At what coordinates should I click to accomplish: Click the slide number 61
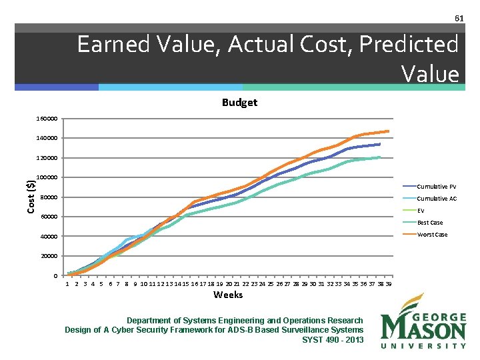[x=459, y=17]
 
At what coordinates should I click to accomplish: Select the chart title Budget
[x=239, y=103]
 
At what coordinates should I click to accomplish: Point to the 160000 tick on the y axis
[x=47, y=119]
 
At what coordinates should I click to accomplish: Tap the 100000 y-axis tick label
[x=47, y=178]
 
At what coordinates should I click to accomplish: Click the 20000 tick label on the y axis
[x=49, y=257]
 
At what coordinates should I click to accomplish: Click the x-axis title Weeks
[x=228, y=295]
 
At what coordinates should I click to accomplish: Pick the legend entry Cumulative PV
[x=437, y=187]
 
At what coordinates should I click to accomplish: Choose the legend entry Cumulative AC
[x=437, y=199]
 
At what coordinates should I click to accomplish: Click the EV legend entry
[x=421, y=211]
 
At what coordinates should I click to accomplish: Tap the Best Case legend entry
[x=430, y=223]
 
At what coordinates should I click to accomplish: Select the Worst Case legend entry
[x=432, y=235]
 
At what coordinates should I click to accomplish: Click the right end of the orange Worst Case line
[x=388, y=131]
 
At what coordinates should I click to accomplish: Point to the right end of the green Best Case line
[x=380, y=157]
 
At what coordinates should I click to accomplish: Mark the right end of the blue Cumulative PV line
[x=379, y=144]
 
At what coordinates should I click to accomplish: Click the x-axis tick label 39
[x=389, y=283]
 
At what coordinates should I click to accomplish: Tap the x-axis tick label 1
[x=67, y=283]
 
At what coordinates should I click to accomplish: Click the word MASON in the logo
[x=423, y=329]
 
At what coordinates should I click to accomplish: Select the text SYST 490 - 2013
[x=333, y=340]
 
